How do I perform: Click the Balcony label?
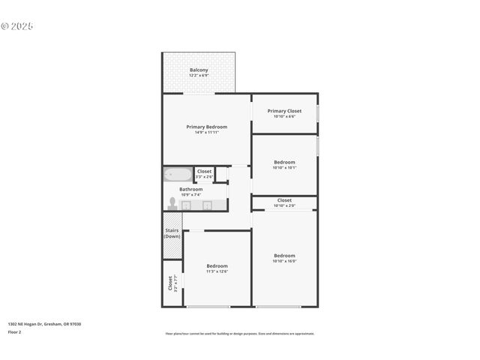199,70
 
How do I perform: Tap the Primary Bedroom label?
206,127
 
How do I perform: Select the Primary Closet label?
284,111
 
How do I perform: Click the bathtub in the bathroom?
178,175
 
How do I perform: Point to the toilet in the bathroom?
172,203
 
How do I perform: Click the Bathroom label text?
190,189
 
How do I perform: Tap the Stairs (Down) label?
172,233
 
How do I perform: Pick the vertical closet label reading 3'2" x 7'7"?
170,283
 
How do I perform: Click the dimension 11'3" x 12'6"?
217,271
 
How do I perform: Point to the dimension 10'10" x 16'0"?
284,261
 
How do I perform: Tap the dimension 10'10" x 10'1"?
284,168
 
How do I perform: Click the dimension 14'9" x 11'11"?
206,133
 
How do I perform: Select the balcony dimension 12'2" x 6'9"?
199,76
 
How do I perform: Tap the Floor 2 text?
15,331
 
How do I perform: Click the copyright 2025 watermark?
17,26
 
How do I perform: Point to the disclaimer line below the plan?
240,334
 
